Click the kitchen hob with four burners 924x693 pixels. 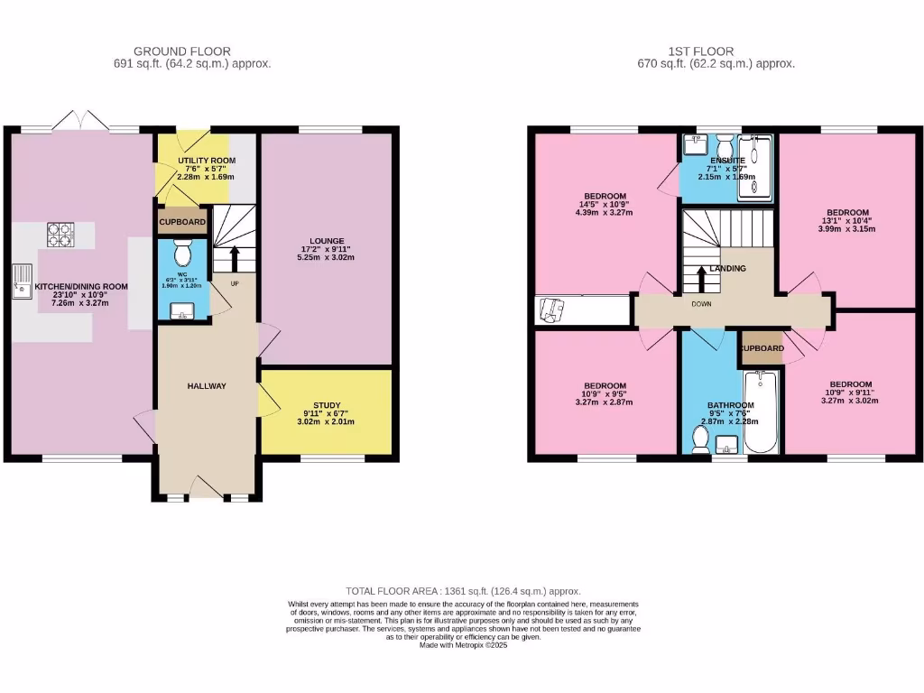60,234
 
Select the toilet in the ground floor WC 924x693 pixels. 177,251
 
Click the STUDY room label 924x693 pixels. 328,405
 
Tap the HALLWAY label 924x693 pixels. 207,386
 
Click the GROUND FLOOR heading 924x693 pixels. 181,51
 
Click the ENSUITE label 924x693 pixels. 727,160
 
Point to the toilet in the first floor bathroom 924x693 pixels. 699,439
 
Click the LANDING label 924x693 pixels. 727,269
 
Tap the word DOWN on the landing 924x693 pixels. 701,304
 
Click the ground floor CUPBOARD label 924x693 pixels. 183,222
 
